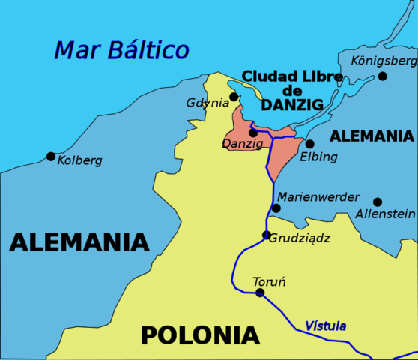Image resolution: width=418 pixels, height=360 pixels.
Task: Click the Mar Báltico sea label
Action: (121, 50)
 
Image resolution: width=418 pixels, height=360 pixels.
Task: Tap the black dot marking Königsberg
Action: (383, 76)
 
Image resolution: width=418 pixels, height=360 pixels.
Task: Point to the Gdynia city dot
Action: (234, 97)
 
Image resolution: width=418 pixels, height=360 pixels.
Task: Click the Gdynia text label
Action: (208, 103)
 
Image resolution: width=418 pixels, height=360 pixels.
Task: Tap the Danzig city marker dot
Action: (253, 133)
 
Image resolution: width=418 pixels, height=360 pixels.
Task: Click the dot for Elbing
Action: (309, 144)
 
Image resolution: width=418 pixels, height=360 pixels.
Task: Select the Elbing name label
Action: (318, 157)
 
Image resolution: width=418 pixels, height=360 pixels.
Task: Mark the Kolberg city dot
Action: (51, 157)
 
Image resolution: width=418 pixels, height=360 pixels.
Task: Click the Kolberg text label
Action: (79, 160)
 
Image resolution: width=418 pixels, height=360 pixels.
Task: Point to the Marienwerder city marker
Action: (276, 208)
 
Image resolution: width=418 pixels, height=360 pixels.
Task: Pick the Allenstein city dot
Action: (378, 202)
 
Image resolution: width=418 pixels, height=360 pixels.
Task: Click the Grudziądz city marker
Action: (266, 235)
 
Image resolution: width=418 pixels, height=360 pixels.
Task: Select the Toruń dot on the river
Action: (260, 292)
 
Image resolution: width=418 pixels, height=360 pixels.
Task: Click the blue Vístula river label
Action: (325, 326)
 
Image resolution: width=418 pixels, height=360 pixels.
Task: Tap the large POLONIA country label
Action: (200, 334)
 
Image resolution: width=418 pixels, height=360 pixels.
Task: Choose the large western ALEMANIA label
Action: (79, 242)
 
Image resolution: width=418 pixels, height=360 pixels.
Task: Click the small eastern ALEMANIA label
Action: (372, 136)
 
